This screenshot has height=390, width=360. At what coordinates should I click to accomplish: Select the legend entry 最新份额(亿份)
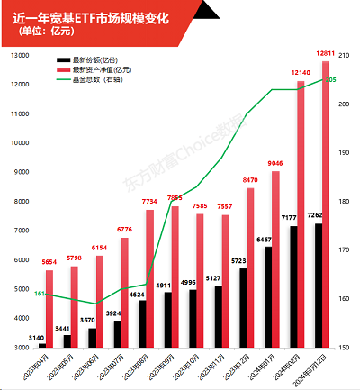pyautogui.click(x=99, y=60)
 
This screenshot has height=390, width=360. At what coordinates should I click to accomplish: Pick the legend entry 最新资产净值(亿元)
pyautogui.click(x=104, y=69)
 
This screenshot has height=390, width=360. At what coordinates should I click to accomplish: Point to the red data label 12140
pyautogui.click(x=301, y=71)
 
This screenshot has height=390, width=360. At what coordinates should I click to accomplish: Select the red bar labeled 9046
pyautogui.click(x=276, y=259)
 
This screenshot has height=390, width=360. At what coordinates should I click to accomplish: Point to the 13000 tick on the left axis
pyautogui.click(x=17, y=55)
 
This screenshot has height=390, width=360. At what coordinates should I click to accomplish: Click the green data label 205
pyautogui.click(x=331, y=80)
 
